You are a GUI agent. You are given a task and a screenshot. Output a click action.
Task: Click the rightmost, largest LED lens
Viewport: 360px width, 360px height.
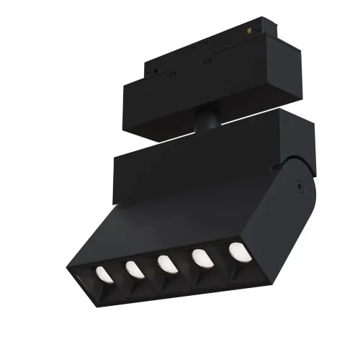pos(236,251)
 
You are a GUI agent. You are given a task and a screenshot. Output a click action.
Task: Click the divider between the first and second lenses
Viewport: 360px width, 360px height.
pos(117,274)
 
